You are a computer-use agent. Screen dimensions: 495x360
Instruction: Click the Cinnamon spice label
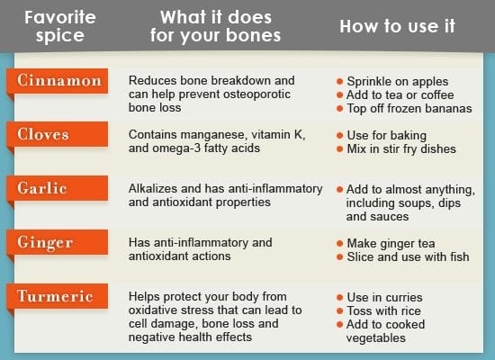(x=57, y=81)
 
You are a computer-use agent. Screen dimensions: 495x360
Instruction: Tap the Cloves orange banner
(x=57, y=134)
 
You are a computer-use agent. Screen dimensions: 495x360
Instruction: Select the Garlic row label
(x=57, y=188)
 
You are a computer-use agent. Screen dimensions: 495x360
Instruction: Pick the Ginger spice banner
(x=57, y=242)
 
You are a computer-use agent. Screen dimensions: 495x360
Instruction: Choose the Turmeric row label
(x=57, y=296)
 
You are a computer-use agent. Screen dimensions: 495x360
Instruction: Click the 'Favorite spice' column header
(x=60, y=26)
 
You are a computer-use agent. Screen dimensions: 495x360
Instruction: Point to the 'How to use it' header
(x=397, y=26)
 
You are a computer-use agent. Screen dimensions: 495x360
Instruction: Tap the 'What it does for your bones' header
(x=216, y=26)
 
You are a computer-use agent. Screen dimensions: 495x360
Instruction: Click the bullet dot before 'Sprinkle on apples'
(x=339, y=82)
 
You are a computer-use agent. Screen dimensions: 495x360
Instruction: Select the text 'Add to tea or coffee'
(x=400, y=94)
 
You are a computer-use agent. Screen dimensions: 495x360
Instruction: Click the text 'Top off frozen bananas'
(x=409, y=108)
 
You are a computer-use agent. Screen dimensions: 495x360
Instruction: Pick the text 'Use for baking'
(x=387, y=136)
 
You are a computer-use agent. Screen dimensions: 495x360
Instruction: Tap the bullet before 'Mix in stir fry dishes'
(x=339, y=149)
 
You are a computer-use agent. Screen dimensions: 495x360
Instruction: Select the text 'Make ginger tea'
(x=391, y=244)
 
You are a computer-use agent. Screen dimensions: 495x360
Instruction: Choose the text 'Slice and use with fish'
(x=408, y=256)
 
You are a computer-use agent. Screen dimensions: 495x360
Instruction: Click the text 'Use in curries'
(x=384, y=297)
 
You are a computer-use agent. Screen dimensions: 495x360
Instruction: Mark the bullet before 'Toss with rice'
(x=339, y=311)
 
